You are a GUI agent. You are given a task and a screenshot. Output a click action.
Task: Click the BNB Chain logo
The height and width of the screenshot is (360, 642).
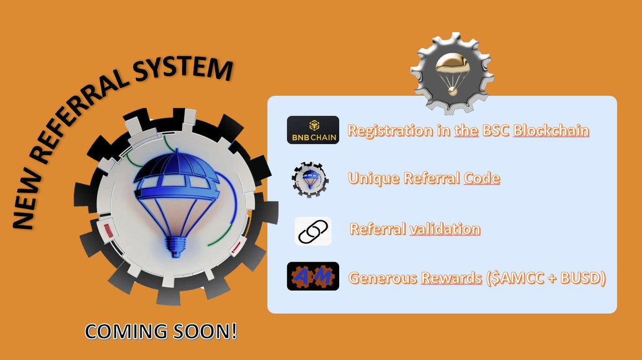(313, 130)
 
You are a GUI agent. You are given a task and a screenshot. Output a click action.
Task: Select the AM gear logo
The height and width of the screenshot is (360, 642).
(313, 276)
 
